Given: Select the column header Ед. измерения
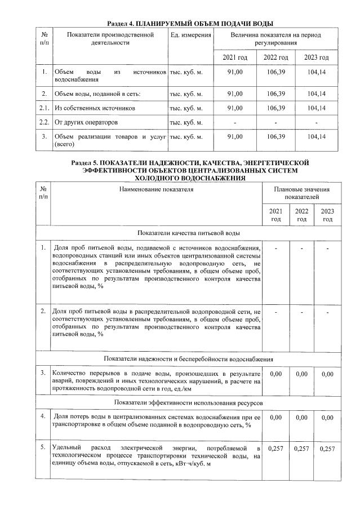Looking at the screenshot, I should point(190,36).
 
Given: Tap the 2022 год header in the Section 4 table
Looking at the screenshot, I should point(276,58).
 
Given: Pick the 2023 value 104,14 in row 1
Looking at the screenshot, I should point(318,73).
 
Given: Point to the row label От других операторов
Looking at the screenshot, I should point(87,122).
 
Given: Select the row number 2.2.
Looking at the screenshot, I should point(44,122).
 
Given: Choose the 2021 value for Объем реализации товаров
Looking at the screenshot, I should point(234,137).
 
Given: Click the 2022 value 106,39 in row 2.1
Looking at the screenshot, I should point(276,108).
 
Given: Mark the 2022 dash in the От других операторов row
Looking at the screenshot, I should point(276,122).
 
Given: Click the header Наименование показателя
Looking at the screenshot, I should point(156,189).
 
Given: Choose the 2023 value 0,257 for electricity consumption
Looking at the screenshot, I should point(327,449).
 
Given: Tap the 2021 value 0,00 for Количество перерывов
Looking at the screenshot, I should point(275,374).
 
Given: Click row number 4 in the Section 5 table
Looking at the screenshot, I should point(44,417).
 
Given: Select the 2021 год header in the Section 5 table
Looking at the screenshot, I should point(275,215).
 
